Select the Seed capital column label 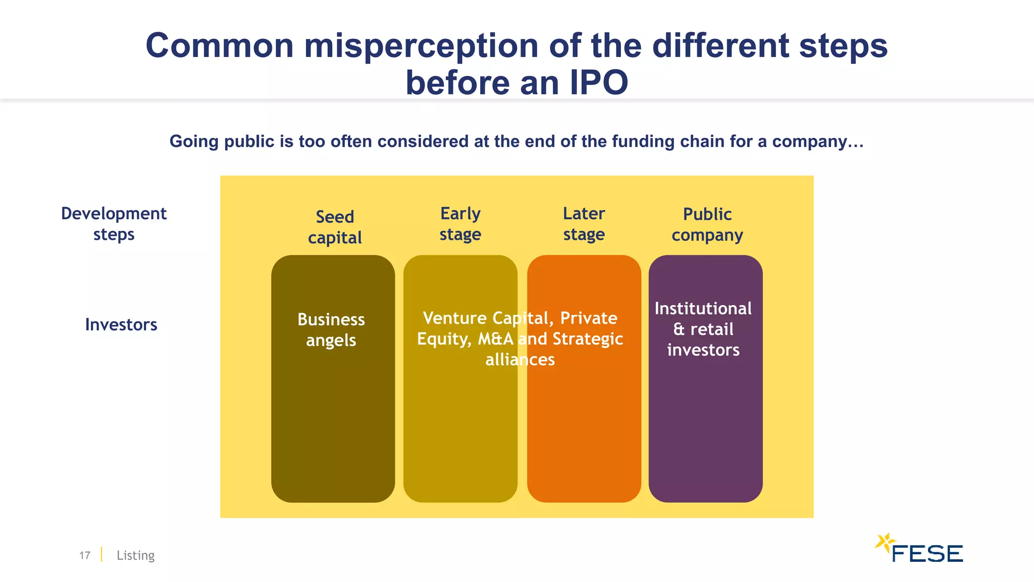pyautogui.click(x=335, y=227)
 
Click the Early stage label pyautogui.click(x=460, y=224)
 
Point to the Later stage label pyautogui.click(x=584, y=224)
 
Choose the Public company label pyautogui.click(x=707, y=224)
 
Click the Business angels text pyautogui.click(x=331, y=330)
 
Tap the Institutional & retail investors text pyautogui.click(x=703, y=329)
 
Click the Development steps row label pyautogui.click(x=114, y=224)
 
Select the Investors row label pyautogui.click(x=121, y=324)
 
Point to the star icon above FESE pyautogui.click(x=884, y=543)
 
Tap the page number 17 pyautogui.click(x=85, y=555)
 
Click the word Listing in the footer pyautogui.click(x=135, y=555)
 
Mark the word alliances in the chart pyautogui.click(x=520, y=360)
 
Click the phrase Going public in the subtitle pyautogui.click(x=222, y=141)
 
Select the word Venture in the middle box pyautogui.click(x=454, y=318)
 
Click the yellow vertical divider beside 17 pyautogui.click(x=101, y=554)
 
